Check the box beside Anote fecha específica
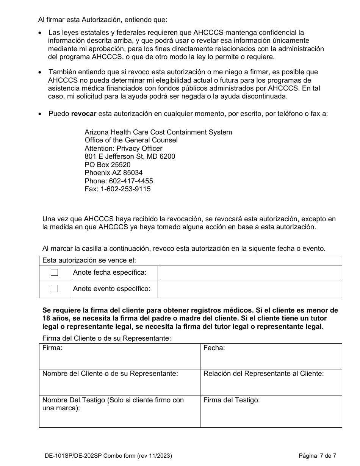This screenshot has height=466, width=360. point(55,273)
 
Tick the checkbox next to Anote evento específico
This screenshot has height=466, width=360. point(55,289)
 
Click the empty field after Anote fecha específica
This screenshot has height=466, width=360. point(249,273)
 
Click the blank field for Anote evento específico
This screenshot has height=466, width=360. point(249,289)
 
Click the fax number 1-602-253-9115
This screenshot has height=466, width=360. point(125,189)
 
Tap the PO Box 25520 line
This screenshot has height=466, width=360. point(108,165)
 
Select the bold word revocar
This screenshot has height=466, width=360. point(84,114)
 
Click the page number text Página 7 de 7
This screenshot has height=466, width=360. point(317,456)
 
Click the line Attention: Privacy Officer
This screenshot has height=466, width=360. point(124,149)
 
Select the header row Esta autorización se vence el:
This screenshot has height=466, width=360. point(190,261)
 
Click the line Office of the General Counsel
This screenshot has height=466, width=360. point(131,140)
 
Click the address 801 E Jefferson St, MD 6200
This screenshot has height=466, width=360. point(130,156)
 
